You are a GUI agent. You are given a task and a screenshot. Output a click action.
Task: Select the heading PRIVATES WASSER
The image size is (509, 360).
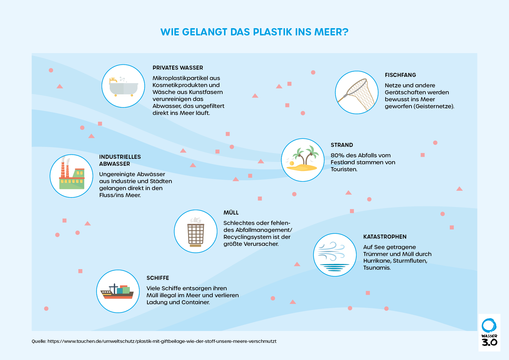point(178,68)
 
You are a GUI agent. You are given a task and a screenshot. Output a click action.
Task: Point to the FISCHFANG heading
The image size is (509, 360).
point(400,75)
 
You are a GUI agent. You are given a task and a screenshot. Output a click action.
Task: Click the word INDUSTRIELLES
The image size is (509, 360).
point(120,157)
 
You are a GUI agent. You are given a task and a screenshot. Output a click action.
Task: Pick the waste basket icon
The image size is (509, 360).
point(196,232)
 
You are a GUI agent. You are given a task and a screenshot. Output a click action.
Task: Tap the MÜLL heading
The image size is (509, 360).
point(231,213)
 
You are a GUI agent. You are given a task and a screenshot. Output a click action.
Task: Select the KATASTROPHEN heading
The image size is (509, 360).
point(385,237)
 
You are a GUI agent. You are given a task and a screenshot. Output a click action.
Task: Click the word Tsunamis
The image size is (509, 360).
point(377,268)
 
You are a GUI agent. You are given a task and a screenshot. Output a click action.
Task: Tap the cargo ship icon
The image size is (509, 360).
point(117,291)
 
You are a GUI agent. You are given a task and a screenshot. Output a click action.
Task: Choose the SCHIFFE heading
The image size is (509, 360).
point(158,278)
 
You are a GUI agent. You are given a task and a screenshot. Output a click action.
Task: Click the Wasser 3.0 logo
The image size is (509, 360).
point(489,332)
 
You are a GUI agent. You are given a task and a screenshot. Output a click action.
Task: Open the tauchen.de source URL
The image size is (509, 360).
point(162,341)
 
